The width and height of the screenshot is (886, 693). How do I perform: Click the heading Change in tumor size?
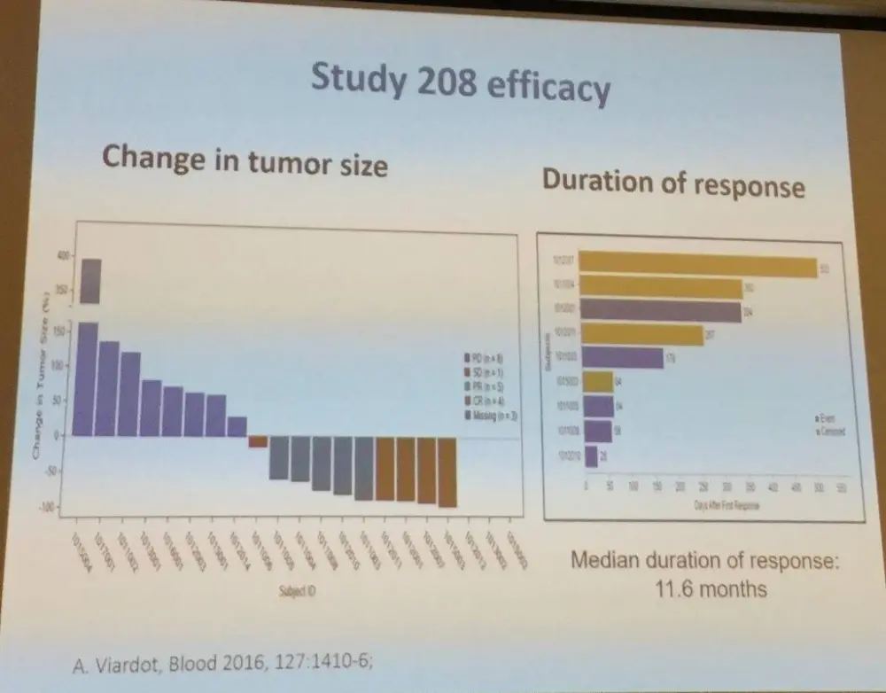pyautogui.click(x=245, y=160)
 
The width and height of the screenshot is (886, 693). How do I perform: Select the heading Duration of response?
pyautogui.click(x=673, y=183)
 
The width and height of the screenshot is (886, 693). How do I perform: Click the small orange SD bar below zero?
pyautogui.click(x=258, y=440)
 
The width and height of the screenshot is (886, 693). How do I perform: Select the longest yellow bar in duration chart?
pyautogui.click(x=699, y=267)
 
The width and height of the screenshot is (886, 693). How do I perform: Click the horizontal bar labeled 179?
pyautogui.click(x=624, y=357)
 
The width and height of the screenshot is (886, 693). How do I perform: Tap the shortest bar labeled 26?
pyautogui.click(x=591, y=456)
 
